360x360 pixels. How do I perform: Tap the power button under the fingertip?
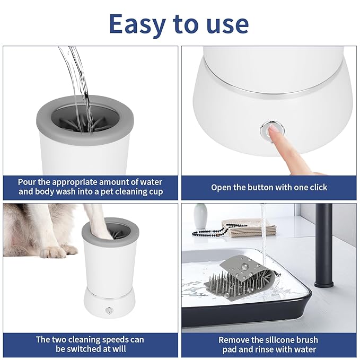click(x=268, y=130)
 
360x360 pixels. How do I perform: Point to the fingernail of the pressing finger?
click(x=274, y=129)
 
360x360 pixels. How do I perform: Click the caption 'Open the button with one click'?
click(x=269, y=187)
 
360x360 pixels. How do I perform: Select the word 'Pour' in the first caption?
click(x=28, y=181)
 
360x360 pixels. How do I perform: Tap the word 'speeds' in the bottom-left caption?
click(x=124, y=339)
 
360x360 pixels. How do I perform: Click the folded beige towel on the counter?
click(x=249, y=229)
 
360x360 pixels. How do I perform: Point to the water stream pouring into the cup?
click(x=74, y=74)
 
